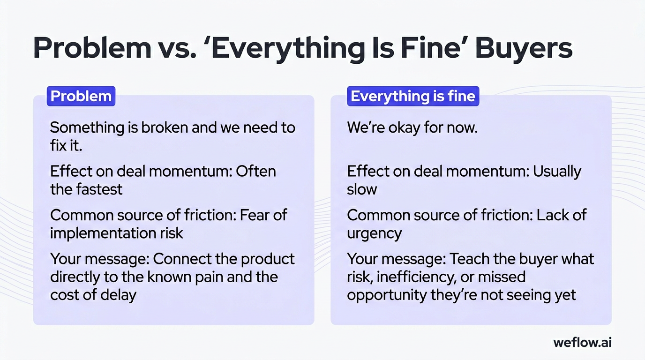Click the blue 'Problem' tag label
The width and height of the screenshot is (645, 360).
coord(81,96)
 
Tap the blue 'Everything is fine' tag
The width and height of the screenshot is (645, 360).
coord(413,96)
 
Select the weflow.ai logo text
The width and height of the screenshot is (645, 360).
coord(582,342)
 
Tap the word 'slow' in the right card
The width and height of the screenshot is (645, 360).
coord(362,189)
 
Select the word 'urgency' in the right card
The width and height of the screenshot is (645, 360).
coord(375,233)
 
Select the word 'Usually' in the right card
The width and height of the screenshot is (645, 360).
coord(557,171)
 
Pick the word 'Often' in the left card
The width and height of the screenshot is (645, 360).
coord(256,171)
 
